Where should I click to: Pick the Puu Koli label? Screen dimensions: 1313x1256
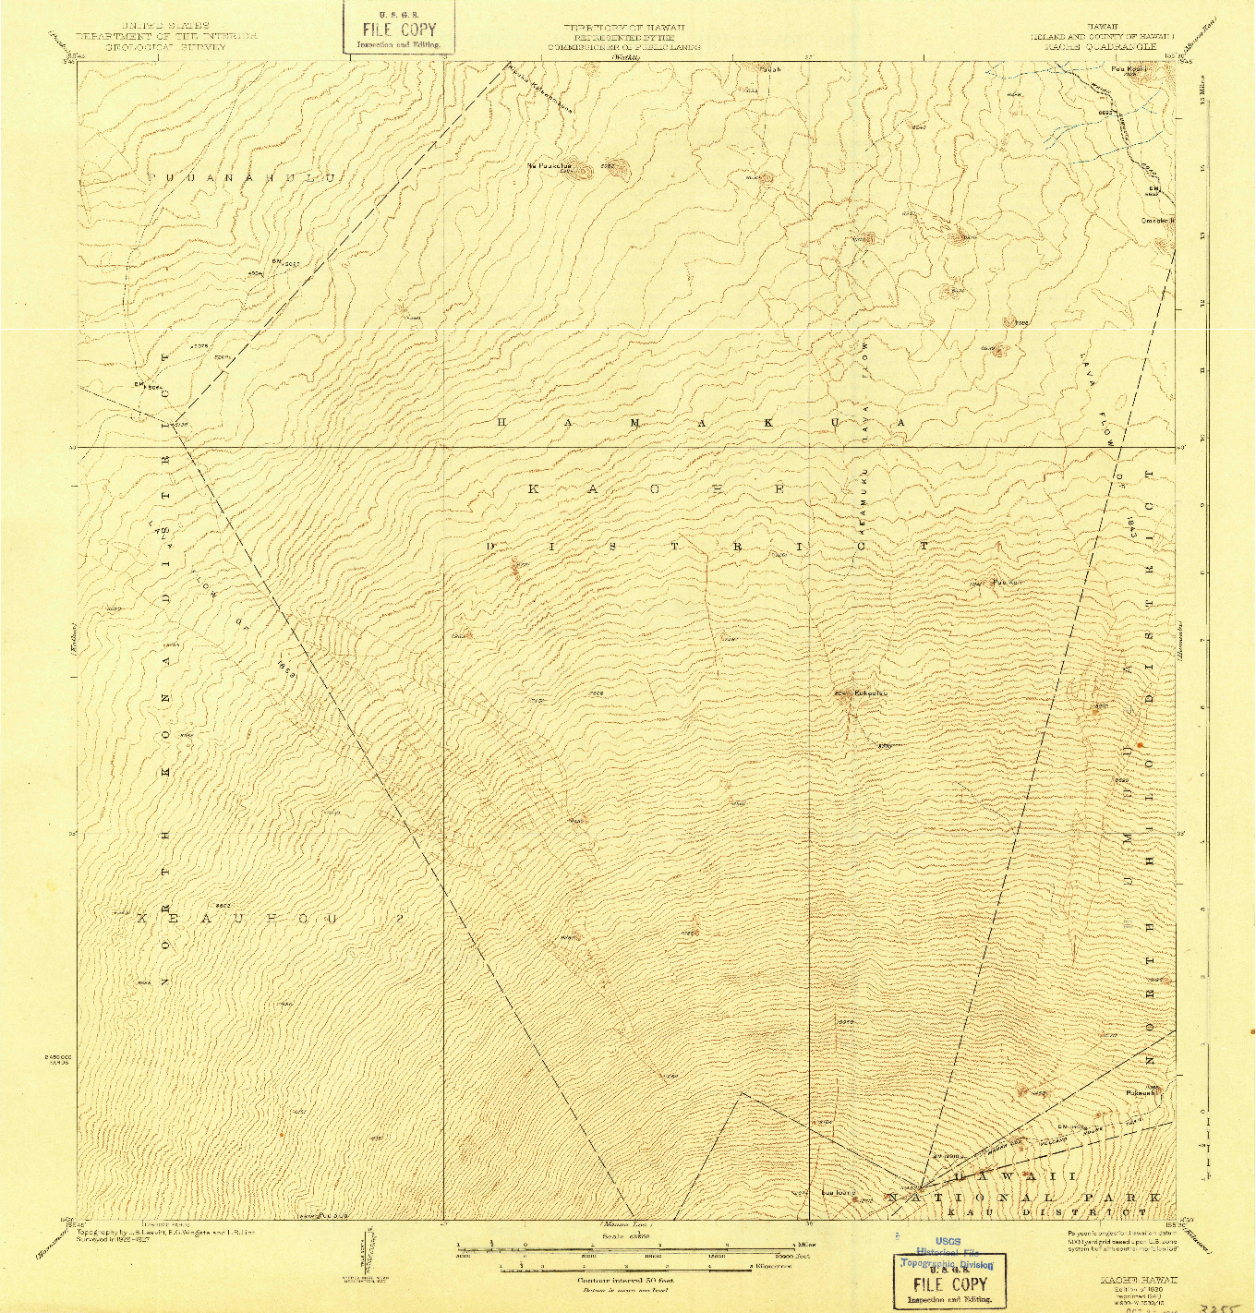coord(1006,582)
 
